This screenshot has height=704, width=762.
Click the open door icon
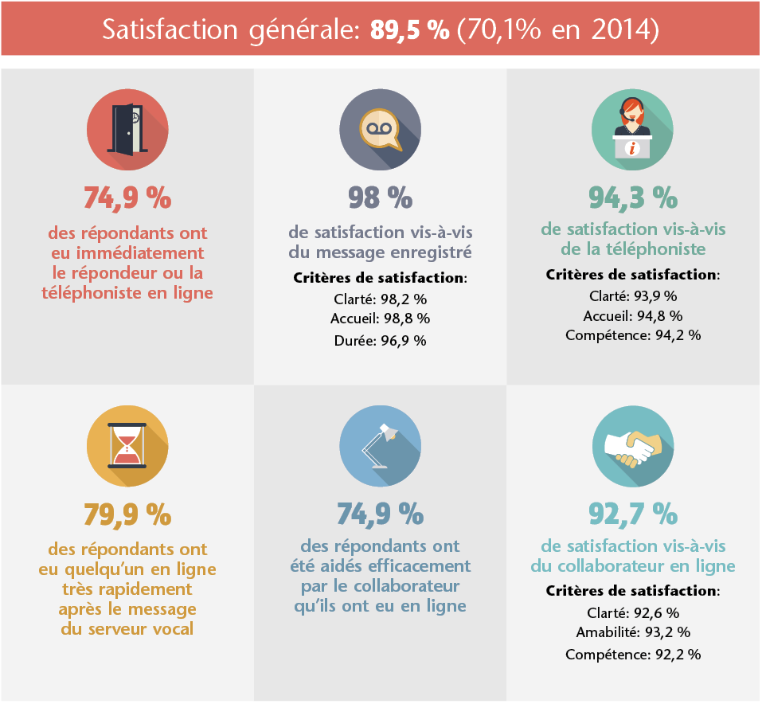[127, 130]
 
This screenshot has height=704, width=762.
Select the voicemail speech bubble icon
[380, 130]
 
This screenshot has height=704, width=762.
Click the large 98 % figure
[380, 196]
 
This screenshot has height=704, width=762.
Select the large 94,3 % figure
[633, 196]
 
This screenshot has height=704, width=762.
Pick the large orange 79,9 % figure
[127, 514]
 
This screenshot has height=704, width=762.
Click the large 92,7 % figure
[633, 514]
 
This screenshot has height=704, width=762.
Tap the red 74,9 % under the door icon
[127, 196]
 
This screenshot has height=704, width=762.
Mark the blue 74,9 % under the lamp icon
[380, 514]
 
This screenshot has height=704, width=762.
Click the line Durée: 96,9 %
[380, 340]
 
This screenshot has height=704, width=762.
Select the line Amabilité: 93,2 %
[633, 633]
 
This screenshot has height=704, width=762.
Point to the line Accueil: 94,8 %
[633, 315]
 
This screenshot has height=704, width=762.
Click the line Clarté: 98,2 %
[380, 299]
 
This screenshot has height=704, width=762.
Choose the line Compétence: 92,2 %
[633, 655]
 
